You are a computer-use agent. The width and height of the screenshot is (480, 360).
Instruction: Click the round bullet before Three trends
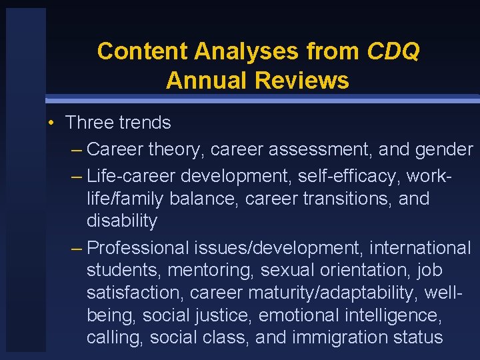click(51, 123)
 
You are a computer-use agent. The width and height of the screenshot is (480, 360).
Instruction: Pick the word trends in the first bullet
click(145, 123)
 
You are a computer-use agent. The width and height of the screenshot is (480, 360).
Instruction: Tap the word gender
click(443, 150)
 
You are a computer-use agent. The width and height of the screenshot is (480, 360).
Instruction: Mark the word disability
click(121, 221)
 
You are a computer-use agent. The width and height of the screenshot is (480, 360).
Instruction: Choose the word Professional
click(138, 248)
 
